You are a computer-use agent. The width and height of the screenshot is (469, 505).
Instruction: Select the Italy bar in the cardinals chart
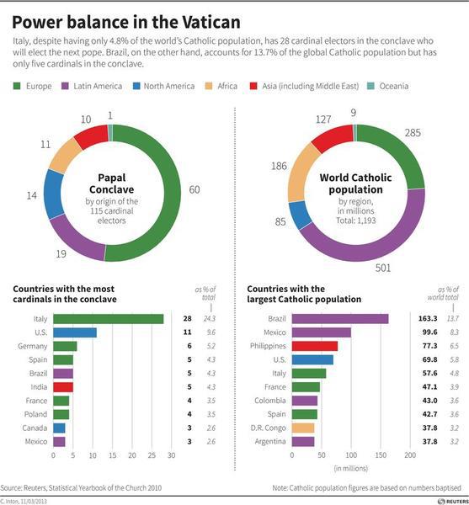108,319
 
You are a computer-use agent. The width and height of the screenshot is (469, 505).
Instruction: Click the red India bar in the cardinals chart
62,386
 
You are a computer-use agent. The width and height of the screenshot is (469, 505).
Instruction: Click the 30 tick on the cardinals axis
171,455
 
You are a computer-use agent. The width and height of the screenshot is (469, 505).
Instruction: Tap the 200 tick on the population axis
410,455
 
